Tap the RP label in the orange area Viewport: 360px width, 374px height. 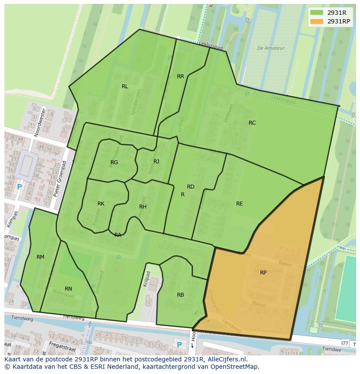click(263, 273)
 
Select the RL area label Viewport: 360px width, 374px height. click(125, 86)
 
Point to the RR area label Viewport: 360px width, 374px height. click(180, 76)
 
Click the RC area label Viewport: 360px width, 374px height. click(252, 123)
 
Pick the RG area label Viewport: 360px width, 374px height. click(114, 162)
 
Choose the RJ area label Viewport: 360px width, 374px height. click(156, 162)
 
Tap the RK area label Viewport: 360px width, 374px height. click(101, 204)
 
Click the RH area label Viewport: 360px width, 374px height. click(143, 207)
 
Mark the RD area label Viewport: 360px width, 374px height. click(190, 187)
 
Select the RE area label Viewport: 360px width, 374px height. click(239, 204)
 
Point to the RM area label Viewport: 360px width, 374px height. click(40, 257)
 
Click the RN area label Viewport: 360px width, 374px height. click(68, 289)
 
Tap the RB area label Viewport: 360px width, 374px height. click(180, 295)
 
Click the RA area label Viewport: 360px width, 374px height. click(118, 235)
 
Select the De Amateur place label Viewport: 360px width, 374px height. click(270, 48)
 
